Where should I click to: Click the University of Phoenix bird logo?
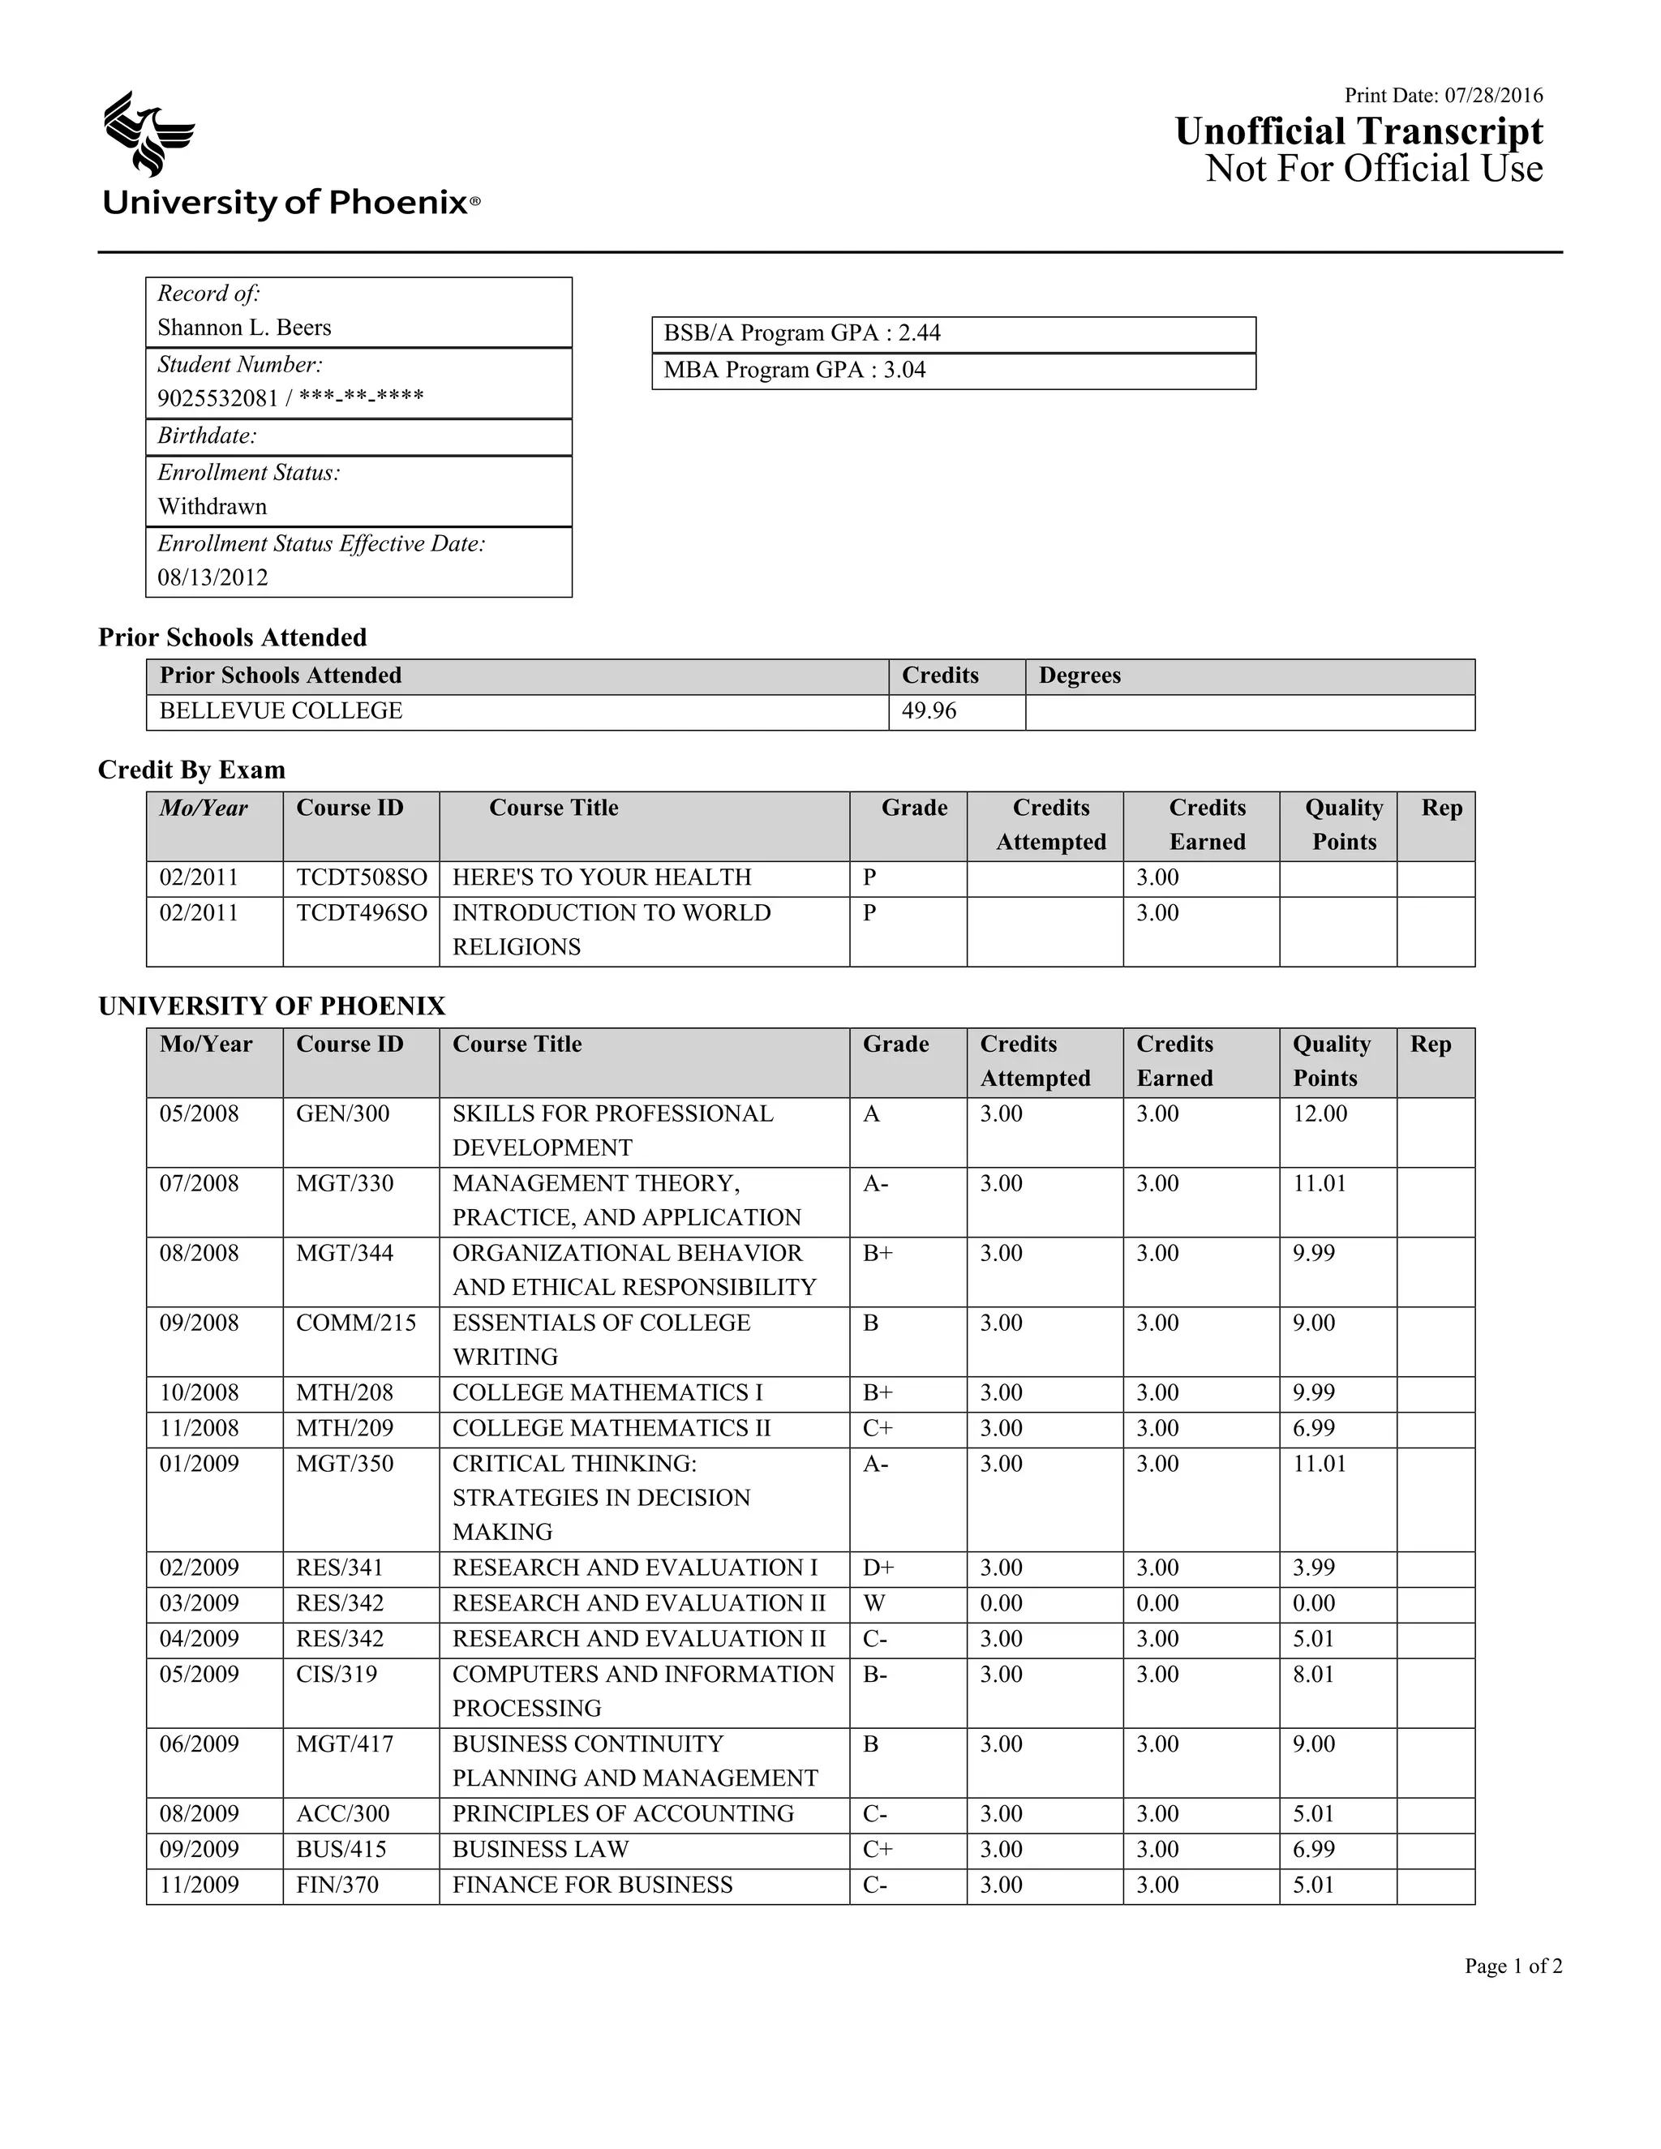(x=148, y=134)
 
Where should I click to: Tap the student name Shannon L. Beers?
(x=244, y=328)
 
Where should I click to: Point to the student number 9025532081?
(x=217, y=398)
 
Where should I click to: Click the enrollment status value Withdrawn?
(x=212, y=507)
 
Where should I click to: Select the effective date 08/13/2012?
(x=212, y=577)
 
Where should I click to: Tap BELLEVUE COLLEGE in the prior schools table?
(x=281, y=711)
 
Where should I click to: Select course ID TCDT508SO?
(x=361, y=877)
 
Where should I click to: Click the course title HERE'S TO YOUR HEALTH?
(x=601, y=877)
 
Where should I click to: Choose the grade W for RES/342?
(x=873, y=1603)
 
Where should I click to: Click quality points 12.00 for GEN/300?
(x=1320, y=1114)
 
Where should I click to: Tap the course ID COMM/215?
(x=356, y=1323)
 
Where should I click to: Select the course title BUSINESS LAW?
(x=540, y=1850)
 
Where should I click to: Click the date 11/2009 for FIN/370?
(x=200, y=1885)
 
